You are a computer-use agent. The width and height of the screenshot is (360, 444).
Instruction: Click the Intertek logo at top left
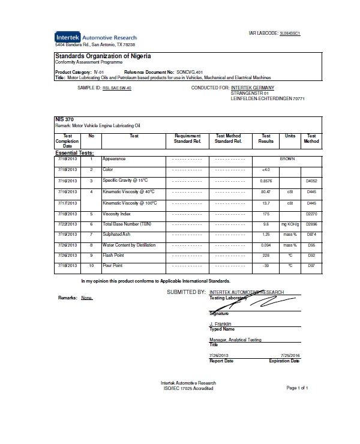click(x=64, y=36)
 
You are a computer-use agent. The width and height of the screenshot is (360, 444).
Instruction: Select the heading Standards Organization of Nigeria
click(x=102, y=56)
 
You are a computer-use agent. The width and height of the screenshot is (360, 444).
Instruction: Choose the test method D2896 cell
click(x=311, y=224)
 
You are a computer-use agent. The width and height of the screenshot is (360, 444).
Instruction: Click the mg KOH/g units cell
click(x=287, y=224)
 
